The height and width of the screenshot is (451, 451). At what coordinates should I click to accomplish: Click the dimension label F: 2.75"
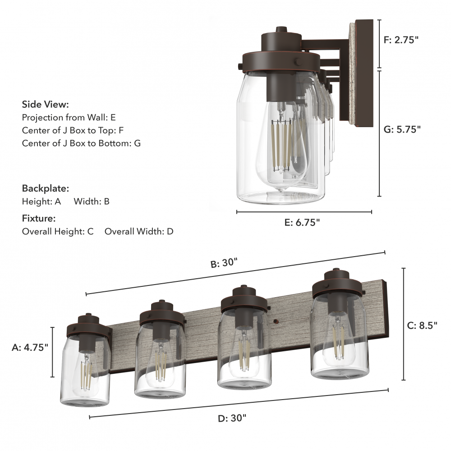point(401,40)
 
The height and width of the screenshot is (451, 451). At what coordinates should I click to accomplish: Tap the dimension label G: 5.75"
point(402,129)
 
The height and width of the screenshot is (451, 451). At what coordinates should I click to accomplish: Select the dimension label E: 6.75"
point(302,222)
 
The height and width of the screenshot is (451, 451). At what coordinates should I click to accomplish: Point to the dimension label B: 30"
point(224,263)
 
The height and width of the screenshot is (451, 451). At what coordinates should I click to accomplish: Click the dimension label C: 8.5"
point(422,325)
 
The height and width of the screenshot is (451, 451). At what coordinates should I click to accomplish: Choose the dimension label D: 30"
point(232,418)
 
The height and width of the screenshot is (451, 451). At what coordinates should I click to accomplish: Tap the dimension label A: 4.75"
point(30,347)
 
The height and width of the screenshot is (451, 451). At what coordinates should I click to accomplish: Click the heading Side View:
point(46,104)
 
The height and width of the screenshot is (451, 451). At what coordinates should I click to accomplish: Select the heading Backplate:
point(46,189)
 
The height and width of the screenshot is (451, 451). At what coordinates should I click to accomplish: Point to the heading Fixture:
point(38,218)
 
